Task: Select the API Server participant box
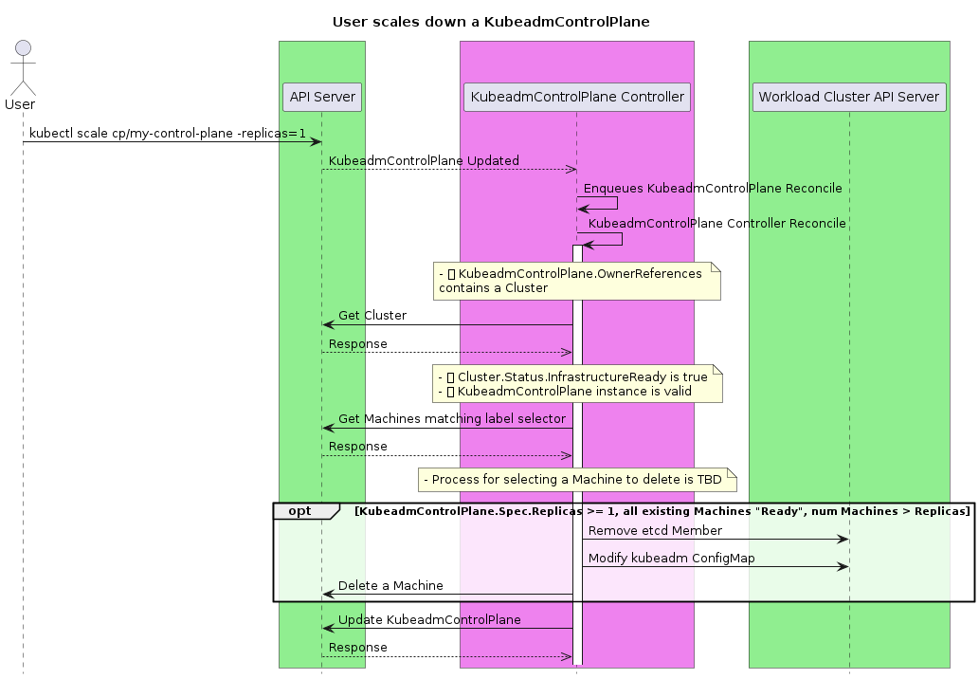[x=322, y=97]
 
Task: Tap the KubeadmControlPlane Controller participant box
[x=576, y=97]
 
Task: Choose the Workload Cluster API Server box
[x=848, y=97]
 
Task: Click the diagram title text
[x=490, y=22]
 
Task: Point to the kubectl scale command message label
[x=168, y=134]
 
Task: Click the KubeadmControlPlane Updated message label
[x=424, y=161]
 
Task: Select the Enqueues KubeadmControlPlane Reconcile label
[x=713, y=189]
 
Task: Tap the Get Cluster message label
[x=372, y=316]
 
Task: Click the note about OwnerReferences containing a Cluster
[x=576, y=281]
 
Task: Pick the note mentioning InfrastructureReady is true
[x=576, y=384]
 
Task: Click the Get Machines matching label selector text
[x=452, y=419]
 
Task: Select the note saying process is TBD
[x=576, y=480]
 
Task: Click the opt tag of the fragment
[x=300, y=511]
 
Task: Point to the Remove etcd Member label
[x=655, y=531]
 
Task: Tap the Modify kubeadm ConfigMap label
[x=671, y=559]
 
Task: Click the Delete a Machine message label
[x=390, y=586]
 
